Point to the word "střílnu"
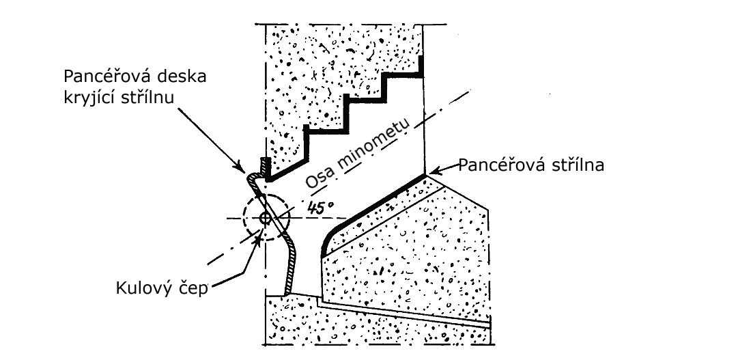[151, 97]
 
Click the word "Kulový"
[144, 288]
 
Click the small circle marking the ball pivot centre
[265, 219]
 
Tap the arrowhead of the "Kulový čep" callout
[258, 239]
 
